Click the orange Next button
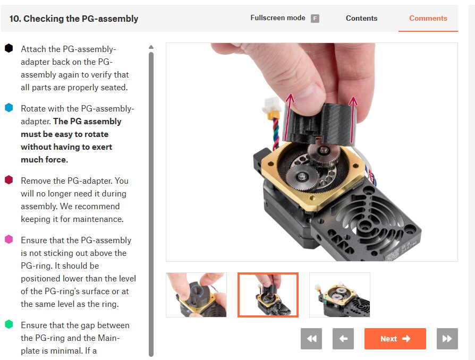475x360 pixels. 395,339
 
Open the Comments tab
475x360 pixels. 428,18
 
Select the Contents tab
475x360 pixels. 361,18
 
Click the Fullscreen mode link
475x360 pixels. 278,18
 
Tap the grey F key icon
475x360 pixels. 315,19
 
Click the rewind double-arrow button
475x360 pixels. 311,339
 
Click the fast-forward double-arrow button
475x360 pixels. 447,339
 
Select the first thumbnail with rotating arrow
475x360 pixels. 196,295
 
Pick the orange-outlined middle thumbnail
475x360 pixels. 268,295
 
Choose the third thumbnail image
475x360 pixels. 340,295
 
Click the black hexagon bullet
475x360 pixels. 9,48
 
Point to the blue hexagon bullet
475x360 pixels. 9,107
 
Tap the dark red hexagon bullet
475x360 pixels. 9,179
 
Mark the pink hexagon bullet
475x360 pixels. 9,239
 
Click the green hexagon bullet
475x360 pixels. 9,324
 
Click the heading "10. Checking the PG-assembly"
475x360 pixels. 74,19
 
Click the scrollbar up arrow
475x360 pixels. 151,47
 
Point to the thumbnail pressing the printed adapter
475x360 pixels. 196,295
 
